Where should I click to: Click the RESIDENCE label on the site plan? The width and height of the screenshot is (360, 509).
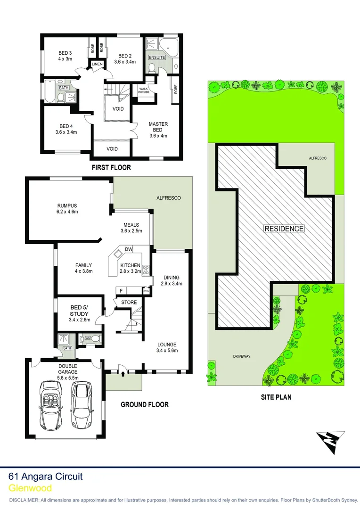tap(284, 229)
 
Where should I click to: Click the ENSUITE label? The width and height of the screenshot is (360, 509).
tap(157, 57)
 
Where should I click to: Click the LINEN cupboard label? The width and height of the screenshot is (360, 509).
tap(97, 64)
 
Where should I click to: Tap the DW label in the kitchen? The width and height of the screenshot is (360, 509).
tap(128, 249)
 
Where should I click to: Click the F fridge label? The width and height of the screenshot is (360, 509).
tap(121, 291)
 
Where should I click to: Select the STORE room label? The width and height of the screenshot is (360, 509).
tap(129, 303)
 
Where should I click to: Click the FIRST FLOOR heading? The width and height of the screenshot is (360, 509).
tap(112, 167)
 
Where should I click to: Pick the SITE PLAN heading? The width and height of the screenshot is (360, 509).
tap(276, 397)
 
